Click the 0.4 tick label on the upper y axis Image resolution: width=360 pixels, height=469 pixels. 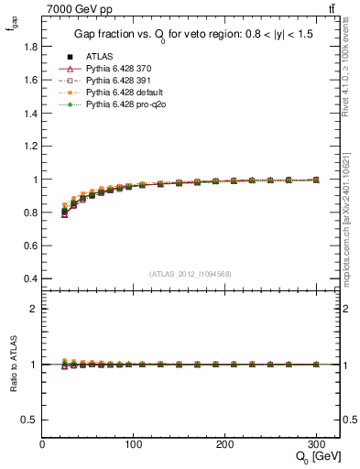point(30,278)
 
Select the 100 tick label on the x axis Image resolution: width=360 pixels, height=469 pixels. point(134,444)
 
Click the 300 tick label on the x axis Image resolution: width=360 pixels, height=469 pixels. point(316,444)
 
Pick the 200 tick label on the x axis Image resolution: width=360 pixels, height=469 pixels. point(225,444)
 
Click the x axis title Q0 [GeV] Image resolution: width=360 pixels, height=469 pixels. point(315,457)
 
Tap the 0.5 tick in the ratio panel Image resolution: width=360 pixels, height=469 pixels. point(30,420)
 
